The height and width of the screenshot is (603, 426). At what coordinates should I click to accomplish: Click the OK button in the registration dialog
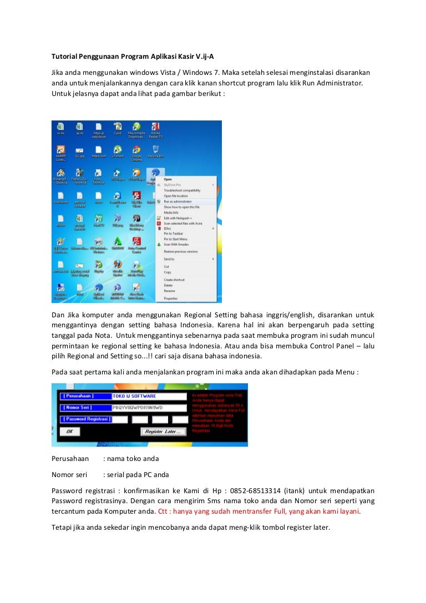(x=69, y=431)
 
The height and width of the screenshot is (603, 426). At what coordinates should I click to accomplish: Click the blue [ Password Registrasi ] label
(x=85, y=419)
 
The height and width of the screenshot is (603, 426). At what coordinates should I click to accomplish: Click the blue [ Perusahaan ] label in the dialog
(x=79, y=396)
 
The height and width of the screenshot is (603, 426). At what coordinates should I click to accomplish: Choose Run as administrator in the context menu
(x=178, y=201)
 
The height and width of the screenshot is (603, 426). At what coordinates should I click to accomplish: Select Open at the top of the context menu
(x=168, y=179)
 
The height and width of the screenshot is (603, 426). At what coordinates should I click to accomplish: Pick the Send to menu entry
(x=169, y=259)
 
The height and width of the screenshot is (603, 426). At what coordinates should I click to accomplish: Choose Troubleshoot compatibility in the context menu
(x=182, y=190)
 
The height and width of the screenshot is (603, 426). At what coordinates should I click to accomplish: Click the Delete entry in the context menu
(x=168, y=285)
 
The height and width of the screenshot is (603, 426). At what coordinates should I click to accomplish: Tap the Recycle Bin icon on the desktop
(x=156, y=151)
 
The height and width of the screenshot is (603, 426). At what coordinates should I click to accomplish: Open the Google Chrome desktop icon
(x=136, y=151)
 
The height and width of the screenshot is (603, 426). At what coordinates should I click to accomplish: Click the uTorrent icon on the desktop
(x=117, y=151)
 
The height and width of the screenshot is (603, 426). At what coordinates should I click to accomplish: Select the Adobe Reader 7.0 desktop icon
(x=156, y=129)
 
